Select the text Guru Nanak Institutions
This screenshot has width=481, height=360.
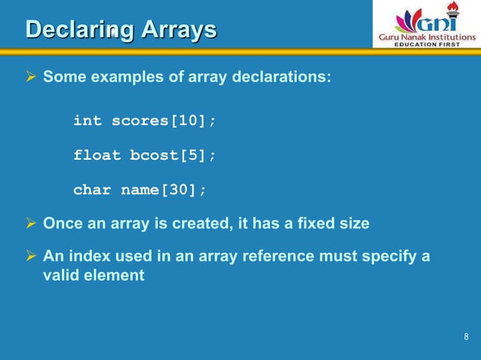(x=426, y=35)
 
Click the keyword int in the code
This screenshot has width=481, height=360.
(x=87, y=121)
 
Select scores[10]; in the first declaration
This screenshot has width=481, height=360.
(x=159, y=121)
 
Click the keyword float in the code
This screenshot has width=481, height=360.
(x=97, y=155)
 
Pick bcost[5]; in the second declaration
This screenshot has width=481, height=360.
(x=173, y=155)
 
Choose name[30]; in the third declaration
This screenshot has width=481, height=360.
(x=164, y=190)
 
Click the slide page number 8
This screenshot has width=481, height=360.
(x=466, y=336)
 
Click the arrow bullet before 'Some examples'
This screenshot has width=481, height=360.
(x=32, y=78)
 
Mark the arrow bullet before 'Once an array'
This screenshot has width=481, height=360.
(x=32, y=224)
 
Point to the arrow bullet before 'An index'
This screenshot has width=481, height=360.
(x=32, y=257)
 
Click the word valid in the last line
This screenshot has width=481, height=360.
(x=60, y=276)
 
